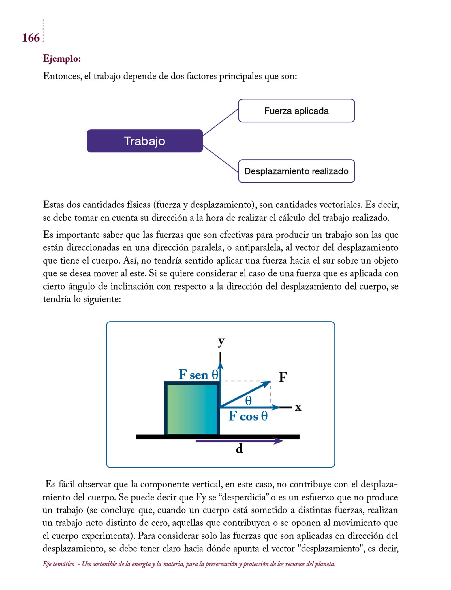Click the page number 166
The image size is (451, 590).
pos(31,38)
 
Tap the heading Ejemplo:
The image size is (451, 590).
pos(62,59)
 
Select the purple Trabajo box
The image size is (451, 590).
pos(145,141)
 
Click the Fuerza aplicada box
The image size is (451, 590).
pos(296,111)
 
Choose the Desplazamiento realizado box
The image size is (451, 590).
pos(296,171)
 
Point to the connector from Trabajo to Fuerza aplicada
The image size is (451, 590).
pos(221,122)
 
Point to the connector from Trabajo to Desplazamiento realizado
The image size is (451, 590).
pos(221,159)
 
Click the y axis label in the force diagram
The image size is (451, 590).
pos(221,341)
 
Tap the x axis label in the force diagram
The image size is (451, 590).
pos(298,407)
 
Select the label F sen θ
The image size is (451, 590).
pos(198,375)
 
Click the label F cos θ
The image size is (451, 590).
pos(248,416)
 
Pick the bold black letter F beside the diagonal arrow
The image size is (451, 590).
pos(283,377)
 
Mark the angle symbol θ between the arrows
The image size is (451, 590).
pos(248,401)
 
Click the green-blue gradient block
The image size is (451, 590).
pos(192,409)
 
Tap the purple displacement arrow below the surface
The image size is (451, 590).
pos(239,441)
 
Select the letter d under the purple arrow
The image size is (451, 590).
pos(239,449)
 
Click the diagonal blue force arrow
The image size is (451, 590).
pos(245,394)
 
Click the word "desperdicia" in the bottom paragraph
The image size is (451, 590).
pos(245,497)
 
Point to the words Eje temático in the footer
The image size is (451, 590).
pos(58,564)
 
